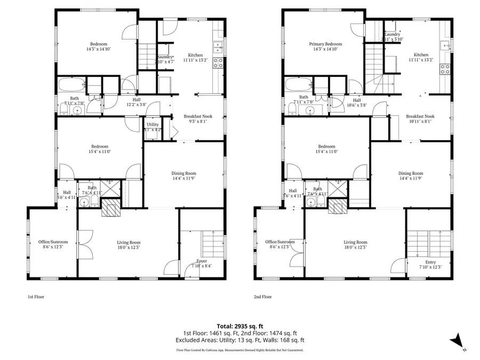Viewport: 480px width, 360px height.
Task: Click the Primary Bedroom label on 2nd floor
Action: tap(325, 46)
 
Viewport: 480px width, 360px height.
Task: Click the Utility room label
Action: tap(153, 127)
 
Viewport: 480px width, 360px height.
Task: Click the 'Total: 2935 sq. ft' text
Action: tap(239, 325)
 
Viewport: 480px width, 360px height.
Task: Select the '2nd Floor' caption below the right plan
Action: tap(262, 297)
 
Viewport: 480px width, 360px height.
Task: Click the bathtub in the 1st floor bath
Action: tap(71, 85)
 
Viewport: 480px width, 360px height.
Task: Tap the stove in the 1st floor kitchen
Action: tap(218, 63)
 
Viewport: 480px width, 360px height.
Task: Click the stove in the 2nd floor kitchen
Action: tap(444, 68)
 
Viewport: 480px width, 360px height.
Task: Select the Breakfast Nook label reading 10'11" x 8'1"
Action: tap(420, 118)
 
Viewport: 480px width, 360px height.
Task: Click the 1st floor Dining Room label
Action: tap(184, 175)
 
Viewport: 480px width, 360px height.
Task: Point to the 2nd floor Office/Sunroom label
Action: tap(280, 244)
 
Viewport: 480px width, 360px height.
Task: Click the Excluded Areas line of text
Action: tap(239, 339)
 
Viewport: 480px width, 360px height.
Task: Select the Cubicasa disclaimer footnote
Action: tap(239, 350)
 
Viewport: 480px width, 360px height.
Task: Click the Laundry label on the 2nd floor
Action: tap(392, 36)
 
